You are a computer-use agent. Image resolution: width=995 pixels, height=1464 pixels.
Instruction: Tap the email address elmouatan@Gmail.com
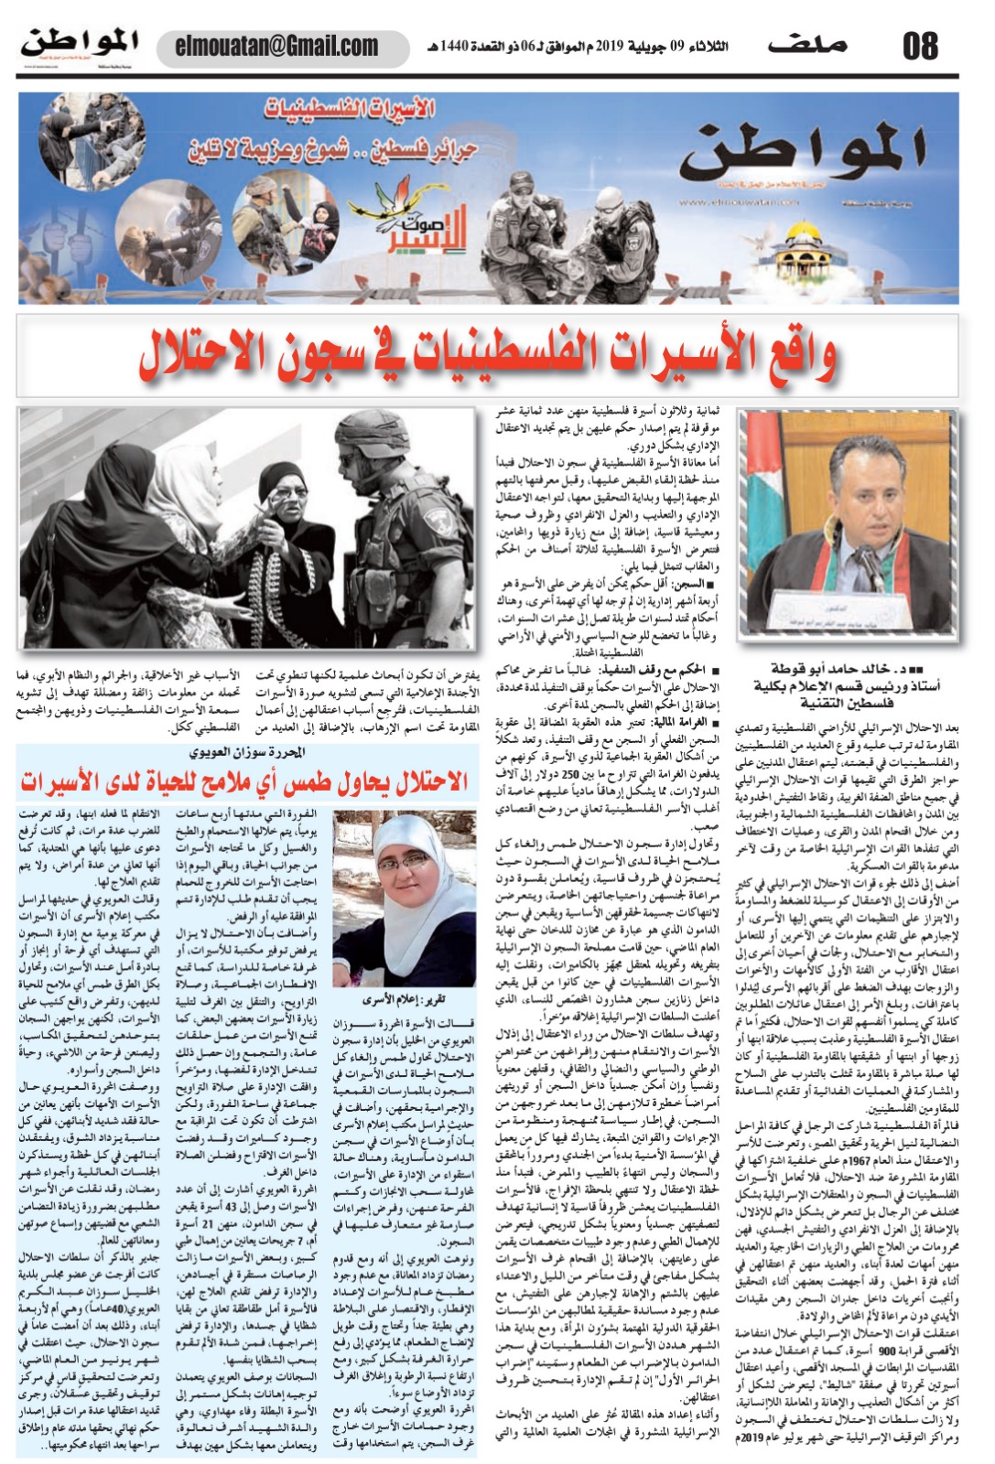coord(276,46)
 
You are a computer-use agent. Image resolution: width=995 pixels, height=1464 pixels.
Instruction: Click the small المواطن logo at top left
coord(80,43)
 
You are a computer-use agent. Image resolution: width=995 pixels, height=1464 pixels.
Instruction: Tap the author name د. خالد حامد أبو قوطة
coord(845,669)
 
